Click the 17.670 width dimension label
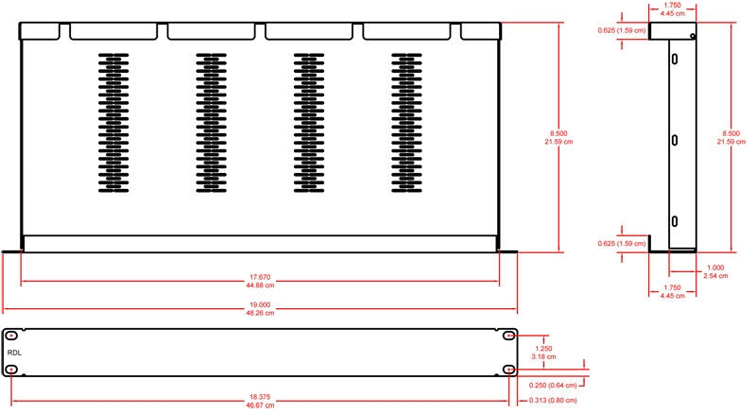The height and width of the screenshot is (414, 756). [x=260, y=281]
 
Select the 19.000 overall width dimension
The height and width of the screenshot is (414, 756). [x=260, y=309]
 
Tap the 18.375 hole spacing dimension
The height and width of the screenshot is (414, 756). [x=260, y=401]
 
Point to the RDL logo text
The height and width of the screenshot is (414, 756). [x=14, y=353]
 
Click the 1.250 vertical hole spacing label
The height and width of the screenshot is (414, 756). [x=544, y=353]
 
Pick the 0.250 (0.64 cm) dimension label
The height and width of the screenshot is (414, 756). [x=553, y=385]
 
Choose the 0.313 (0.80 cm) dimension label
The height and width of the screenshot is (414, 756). [x=553, y=400]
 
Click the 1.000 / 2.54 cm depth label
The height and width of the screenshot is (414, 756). [x=715, y=271]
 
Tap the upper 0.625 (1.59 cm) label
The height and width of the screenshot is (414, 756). [x=622, y=30]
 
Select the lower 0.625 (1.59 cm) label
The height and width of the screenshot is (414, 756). [x=622, y=243]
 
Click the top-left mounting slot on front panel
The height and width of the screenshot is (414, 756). [x=11, y=336]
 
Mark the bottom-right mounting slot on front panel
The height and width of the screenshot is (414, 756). [x=509, y=370]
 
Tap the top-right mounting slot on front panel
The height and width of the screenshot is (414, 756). [x=509, y=336]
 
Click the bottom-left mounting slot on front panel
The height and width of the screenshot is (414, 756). [x=11, y=370]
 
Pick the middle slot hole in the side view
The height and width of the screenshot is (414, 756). [x=675, y=141]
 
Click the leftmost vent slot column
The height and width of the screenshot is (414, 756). [x=113, y=123]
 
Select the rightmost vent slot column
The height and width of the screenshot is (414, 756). [x=406, y=123]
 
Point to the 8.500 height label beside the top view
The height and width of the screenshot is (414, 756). [x=558, y=137]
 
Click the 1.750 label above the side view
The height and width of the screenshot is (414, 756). [x=673, y=9]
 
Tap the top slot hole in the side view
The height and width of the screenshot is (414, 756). [x=675, y=59]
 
